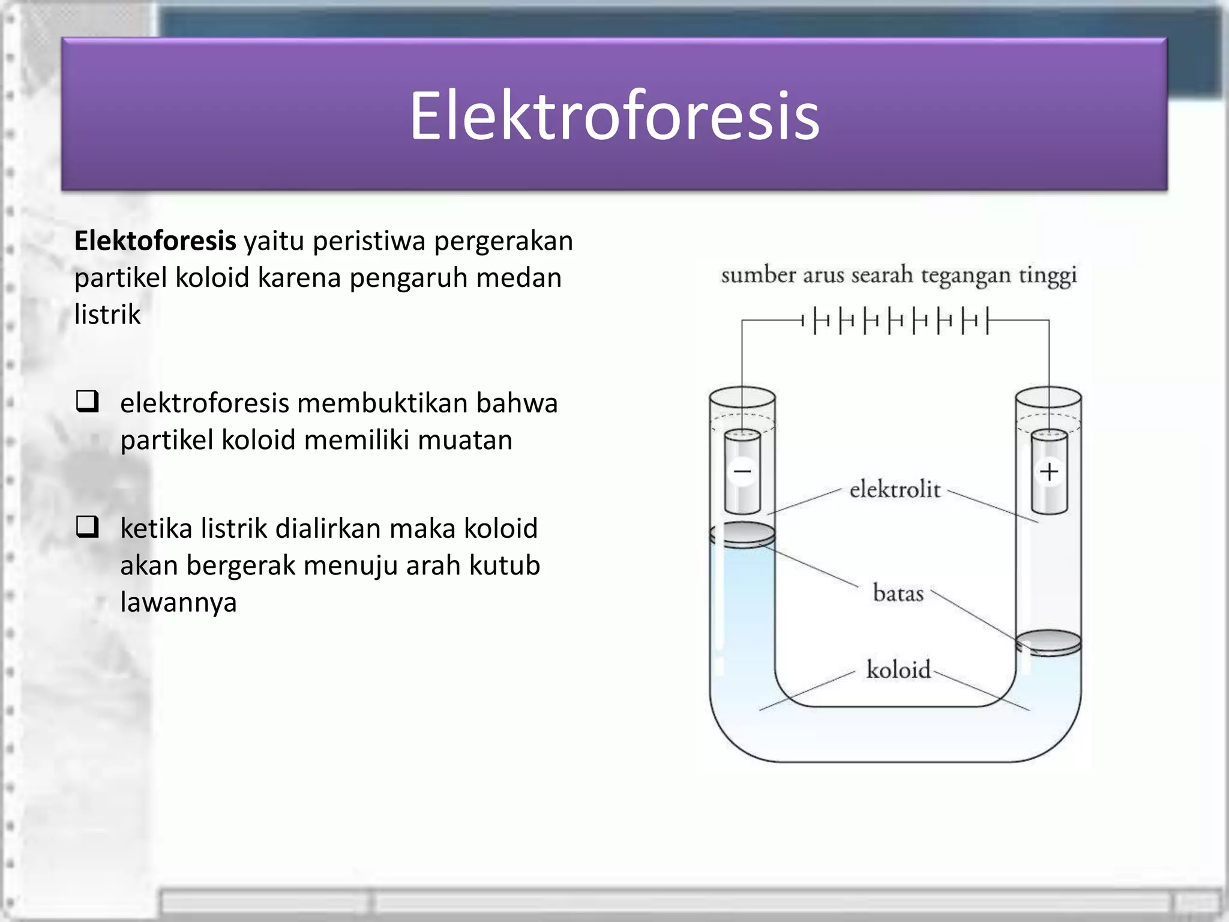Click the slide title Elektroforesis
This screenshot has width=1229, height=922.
click(614, 115)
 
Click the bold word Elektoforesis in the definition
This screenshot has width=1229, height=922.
click(155, 241)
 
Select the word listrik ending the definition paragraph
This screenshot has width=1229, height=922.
click(107, 315)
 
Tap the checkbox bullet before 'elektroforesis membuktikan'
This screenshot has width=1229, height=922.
click(88, 401)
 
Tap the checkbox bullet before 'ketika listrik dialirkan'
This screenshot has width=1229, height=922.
click(88, 526)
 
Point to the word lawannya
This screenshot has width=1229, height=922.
click(178, 602)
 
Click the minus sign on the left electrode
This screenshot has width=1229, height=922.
click(742, 471)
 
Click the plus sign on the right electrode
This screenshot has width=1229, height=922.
click(1049, 471)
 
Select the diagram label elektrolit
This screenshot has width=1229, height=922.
click(895, 490)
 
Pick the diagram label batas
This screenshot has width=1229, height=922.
click(898, 593)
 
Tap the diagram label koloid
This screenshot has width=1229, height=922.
click(898, 669)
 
